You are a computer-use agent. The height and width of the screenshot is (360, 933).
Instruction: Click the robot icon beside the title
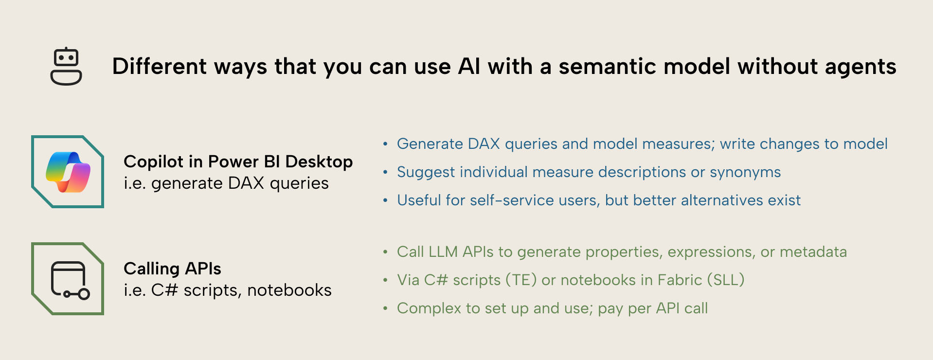[x=66, y=67]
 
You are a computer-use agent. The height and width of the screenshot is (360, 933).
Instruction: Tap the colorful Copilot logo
[x=68, y=172]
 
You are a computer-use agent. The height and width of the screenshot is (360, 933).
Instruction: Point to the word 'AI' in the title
[x=469, y=67]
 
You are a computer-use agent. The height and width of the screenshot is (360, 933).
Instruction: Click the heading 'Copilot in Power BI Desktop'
[x=238, y=162]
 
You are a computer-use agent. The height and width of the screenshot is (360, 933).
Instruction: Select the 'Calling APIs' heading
[x=172, y=269]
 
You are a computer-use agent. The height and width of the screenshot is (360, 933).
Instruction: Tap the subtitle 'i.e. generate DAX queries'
[x=226, y=183]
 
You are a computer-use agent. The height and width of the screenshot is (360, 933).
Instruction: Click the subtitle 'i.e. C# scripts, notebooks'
[x=228, y=290]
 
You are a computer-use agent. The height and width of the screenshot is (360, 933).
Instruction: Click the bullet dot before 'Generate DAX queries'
[x=385, y=144]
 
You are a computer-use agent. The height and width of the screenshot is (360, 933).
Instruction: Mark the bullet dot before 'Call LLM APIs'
[x=385, y=252]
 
